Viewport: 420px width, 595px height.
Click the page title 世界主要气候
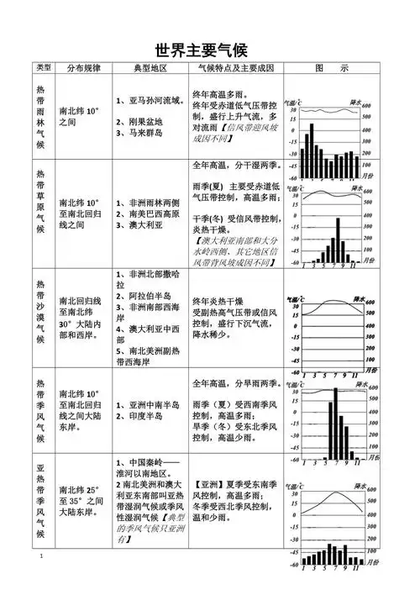pos(210,50)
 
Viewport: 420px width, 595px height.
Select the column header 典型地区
pos(150,67)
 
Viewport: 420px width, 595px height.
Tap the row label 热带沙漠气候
pos(41,317)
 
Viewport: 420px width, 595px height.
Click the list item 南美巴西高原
pos(151,213)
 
